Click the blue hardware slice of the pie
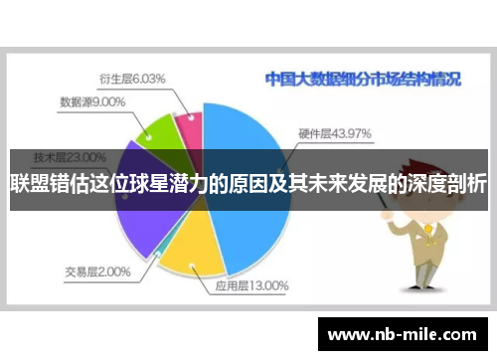pyautogui.click(x=233, y=149)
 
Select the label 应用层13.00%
pyautogui.click(x=251, y=285)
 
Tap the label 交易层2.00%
pyautogui.click(x=97, y=270)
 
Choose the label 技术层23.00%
pyautogui.click(x=70, y=156)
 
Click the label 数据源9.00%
pyautogui.click(x=92, y=100)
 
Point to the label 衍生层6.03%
pyautogui.click(x=132, y=78)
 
